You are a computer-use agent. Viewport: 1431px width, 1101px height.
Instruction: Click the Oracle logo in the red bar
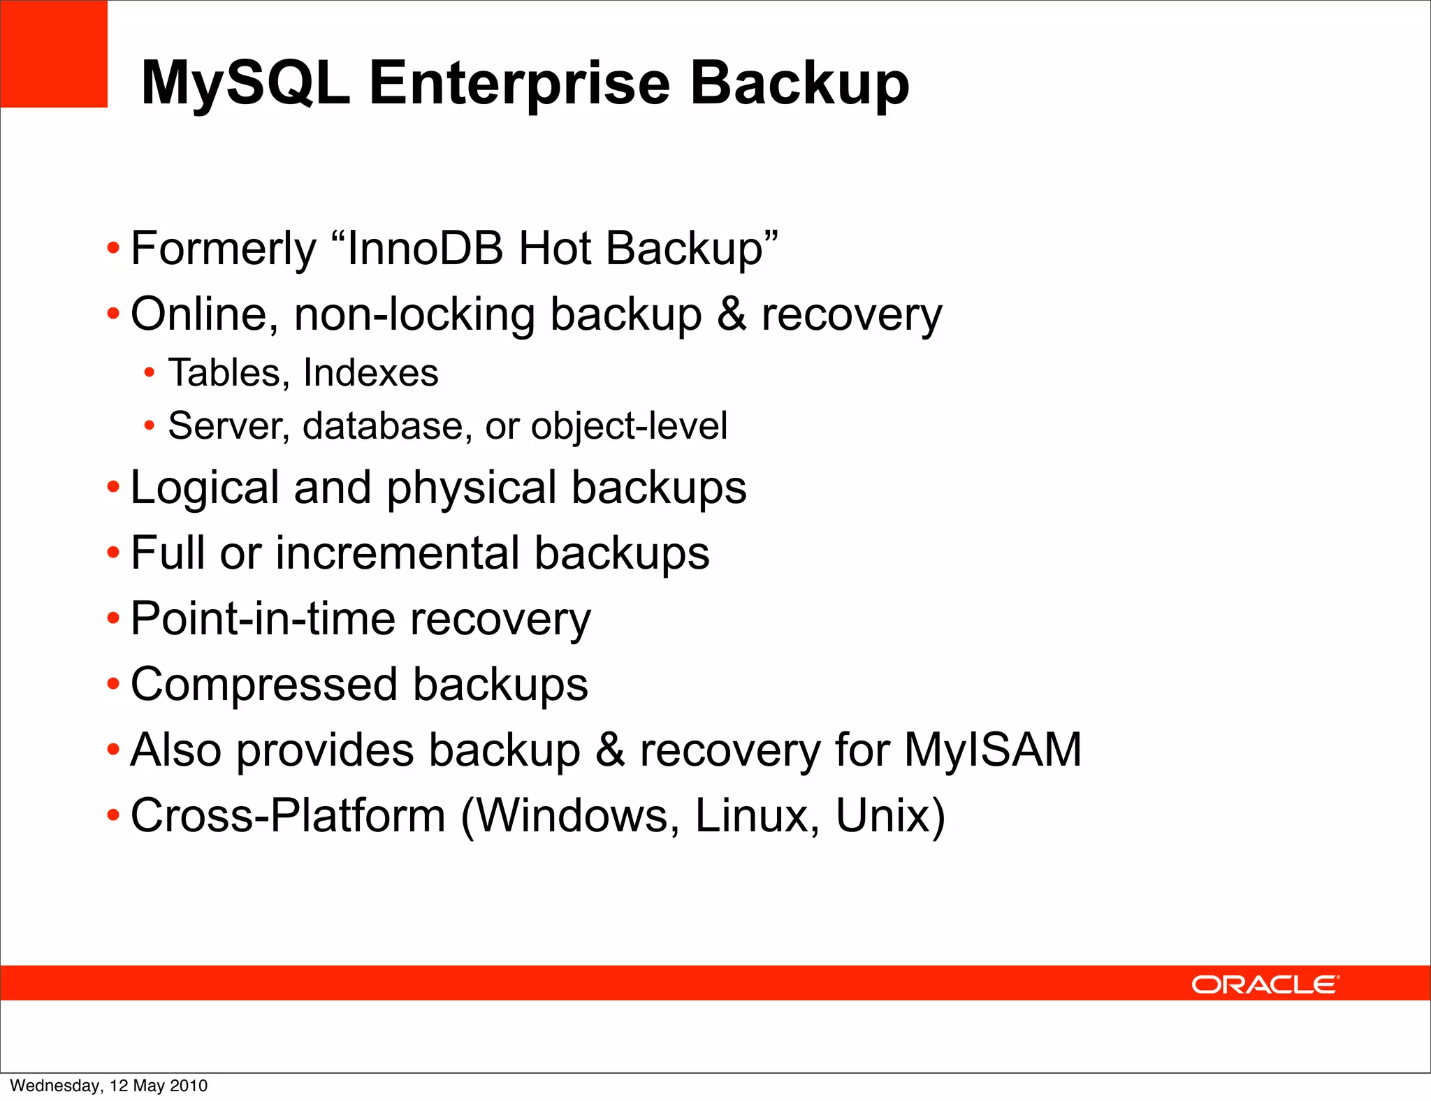pyautogui.click(x=1265, y=984)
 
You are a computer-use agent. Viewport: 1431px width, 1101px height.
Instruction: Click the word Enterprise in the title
pyautogui.click(x=519, y=84)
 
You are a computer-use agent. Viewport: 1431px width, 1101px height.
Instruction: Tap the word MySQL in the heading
pyautogui.click(x=245, y=84)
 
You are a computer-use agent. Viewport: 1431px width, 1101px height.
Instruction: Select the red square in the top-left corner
pyautogui.click(x=54, y=54)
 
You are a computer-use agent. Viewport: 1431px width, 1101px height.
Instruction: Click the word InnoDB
pyautogui.click(x=425, y=248)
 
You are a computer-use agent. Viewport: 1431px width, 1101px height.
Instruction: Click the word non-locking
pyautogui.click(x=414, y=314)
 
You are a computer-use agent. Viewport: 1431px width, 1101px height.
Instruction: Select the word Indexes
pyautogui.click(x=370, y=372)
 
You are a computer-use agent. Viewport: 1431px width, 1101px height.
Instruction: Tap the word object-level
pyautogui.click(x=629, y=426)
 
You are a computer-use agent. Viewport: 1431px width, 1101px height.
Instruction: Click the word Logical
pyautogui.click(x=205, y=488)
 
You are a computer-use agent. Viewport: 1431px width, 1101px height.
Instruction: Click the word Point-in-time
pyautogui.click(x=262, y=619)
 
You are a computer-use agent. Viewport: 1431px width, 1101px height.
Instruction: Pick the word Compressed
pyautogui.click(x=263, y=685)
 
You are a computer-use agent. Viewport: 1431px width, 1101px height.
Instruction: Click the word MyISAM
pyautogui.click(x=993, y=750)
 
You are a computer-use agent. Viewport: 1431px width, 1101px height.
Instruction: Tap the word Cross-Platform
pyautogui.click(x=288, y=815)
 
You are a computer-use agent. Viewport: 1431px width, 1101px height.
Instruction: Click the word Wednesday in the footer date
pyautogui.click(x=55, y=1086)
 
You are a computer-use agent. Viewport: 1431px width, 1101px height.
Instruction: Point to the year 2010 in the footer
pyautogui.click(x=189, y=1086)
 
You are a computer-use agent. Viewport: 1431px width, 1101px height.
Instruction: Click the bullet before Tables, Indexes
pyautogui.click(x=149, y=373)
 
